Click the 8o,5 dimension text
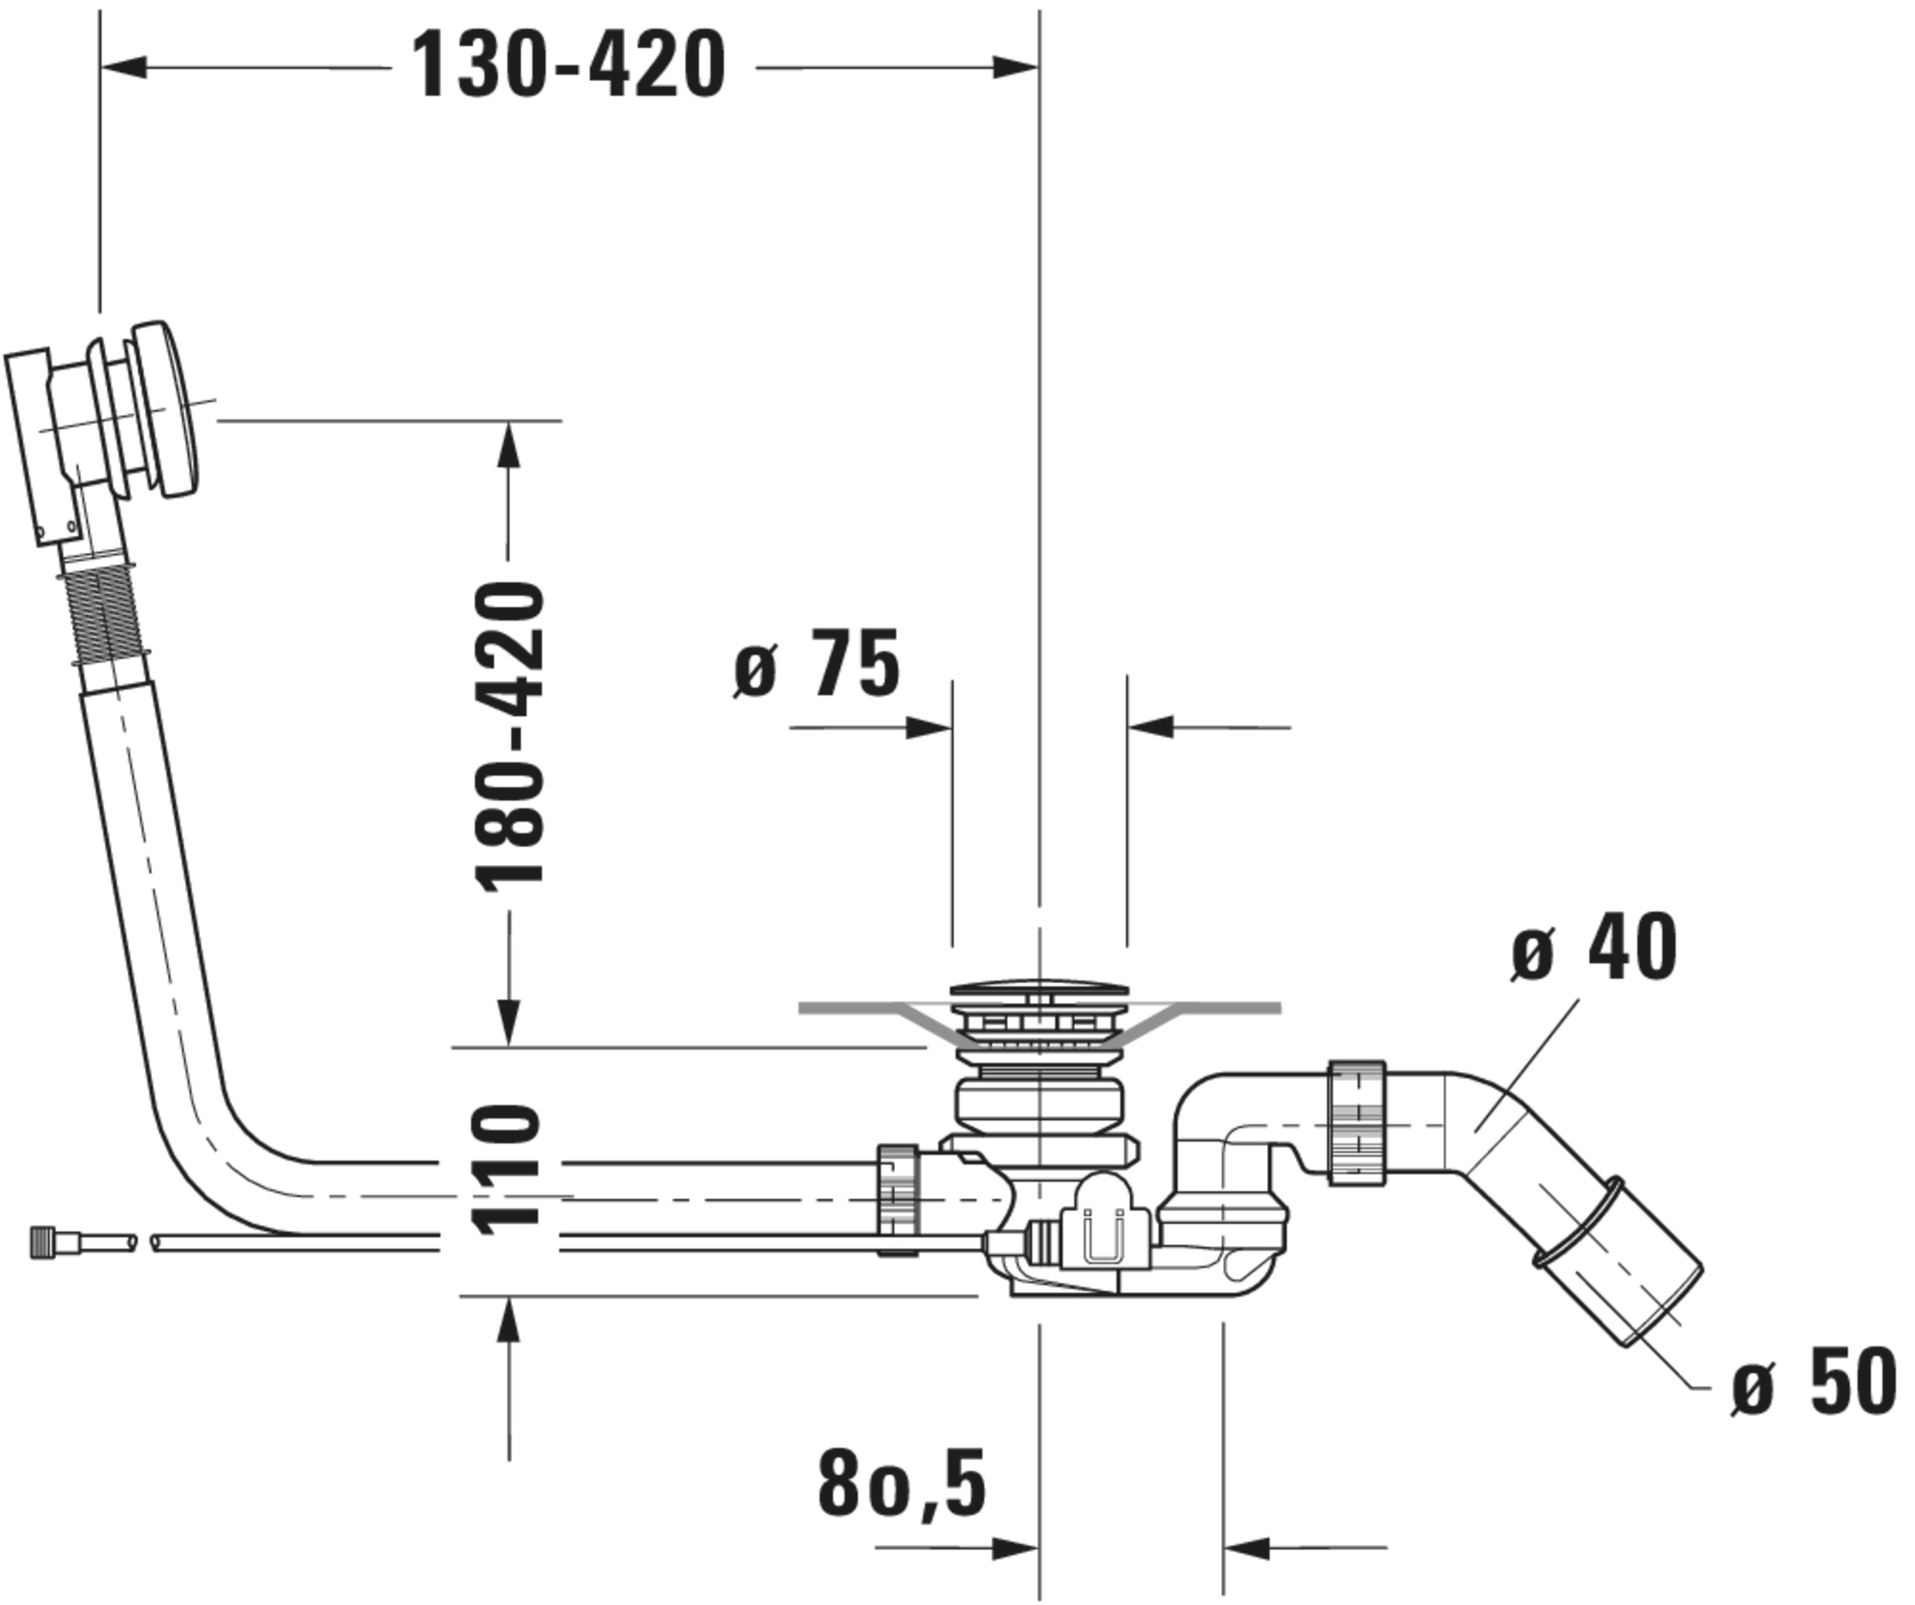901,1484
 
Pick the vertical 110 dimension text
507,1170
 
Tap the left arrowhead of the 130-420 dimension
123,66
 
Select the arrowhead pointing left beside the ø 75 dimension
1150,727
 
